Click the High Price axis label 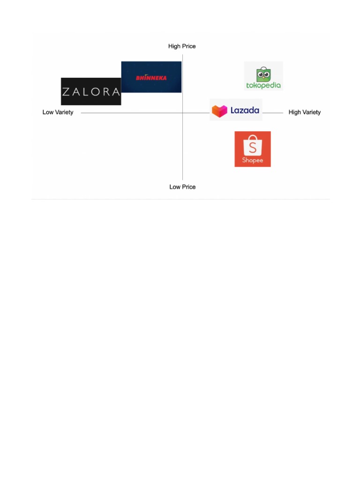tap(182, 46)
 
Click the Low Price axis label tap(182, 187)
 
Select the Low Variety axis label tap(58, 112)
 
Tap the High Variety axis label tap(305, 112)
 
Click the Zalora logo tap(91, 91)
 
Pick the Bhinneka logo tap(151, 77)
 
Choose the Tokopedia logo tap(263, 76)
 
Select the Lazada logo tap(236, 110)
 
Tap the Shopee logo tap(253, 149)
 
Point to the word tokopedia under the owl tap(263, 85)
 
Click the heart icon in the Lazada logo tap(219, 111)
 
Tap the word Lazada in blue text tap(245, 111)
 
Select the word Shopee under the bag tap(253, 160)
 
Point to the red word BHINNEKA tap(151, 78)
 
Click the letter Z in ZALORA tap(67, 92)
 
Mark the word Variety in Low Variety tap(64, 112)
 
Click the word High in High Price tap(174, 46)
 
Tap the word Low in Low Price tap(174, 187)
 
